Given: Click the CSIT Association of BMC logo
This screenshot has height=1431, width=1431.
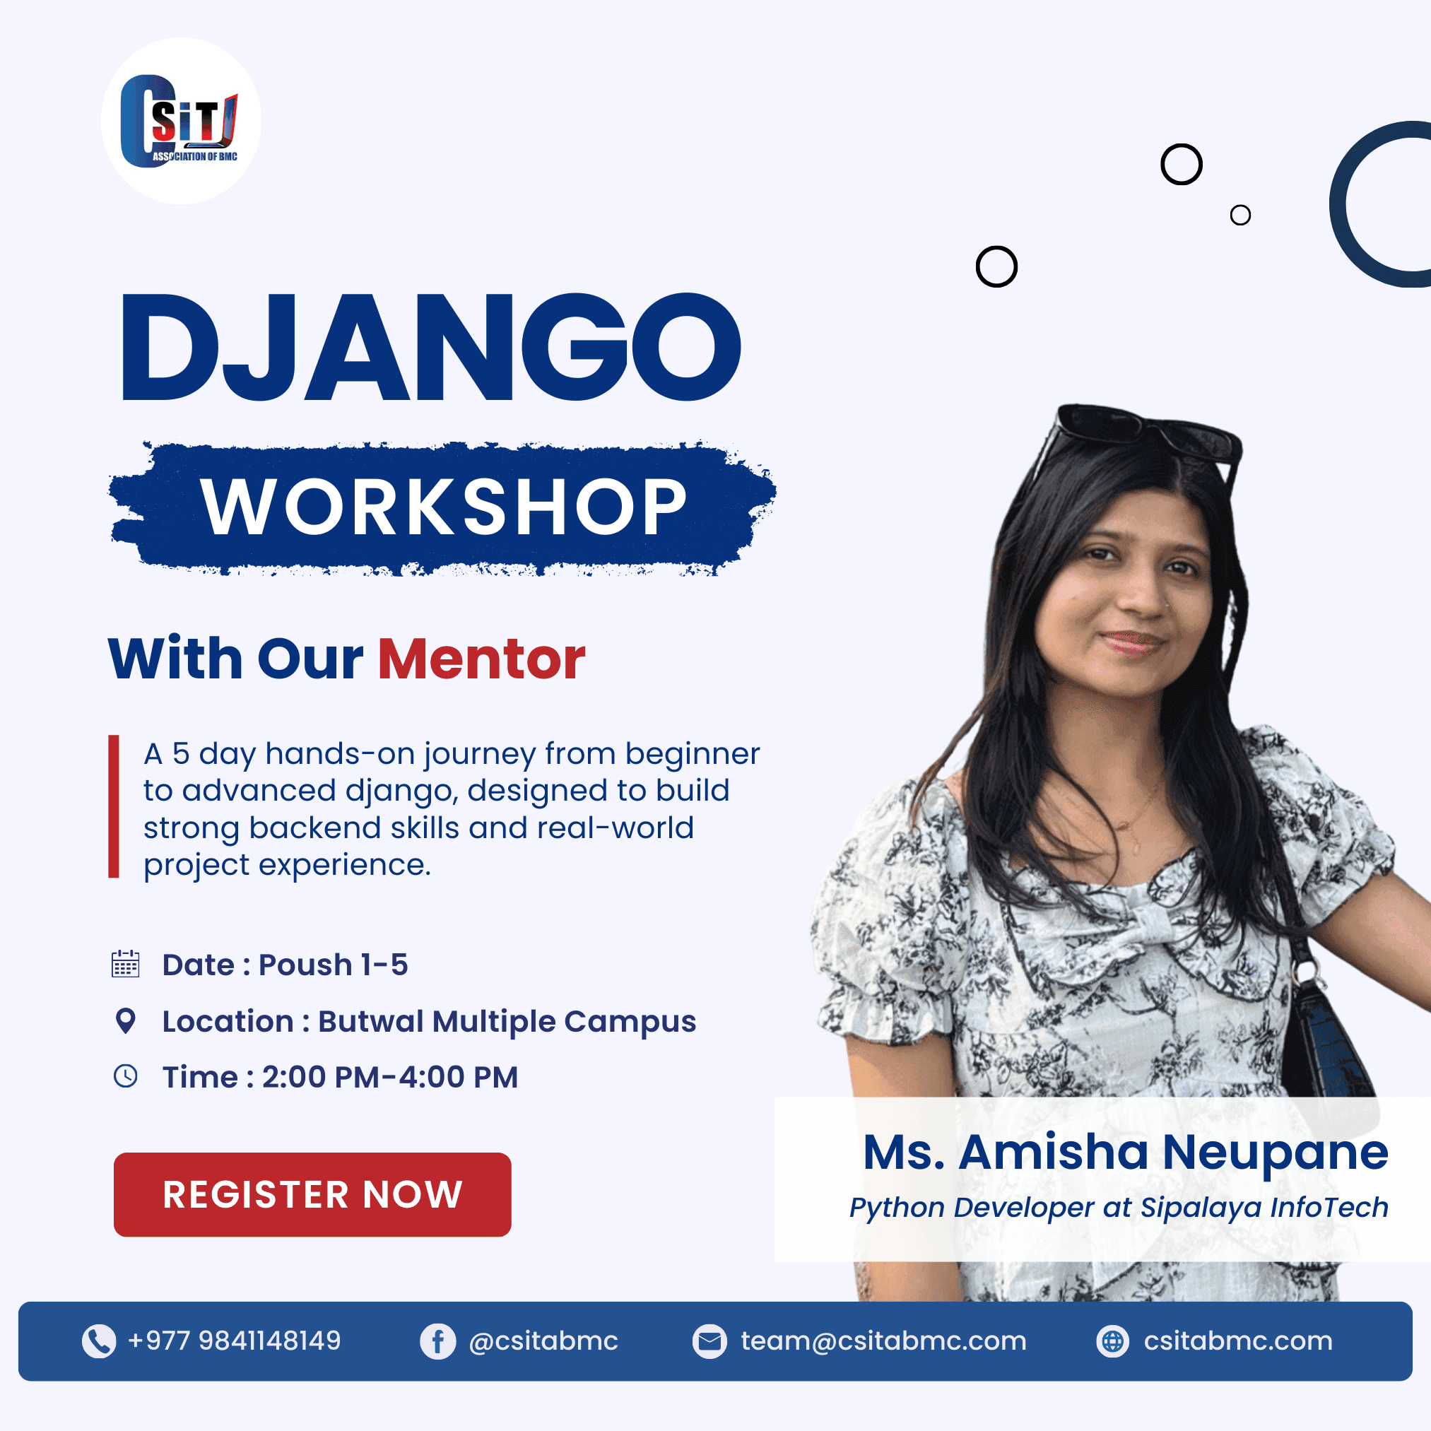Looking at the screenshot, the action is (181, 121).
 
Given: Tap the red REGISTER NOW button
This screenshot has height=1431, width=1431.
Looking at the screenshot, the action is (312, 1194).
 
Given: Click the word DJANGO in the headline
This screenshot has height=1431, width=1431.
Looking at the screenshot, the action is (430, 348).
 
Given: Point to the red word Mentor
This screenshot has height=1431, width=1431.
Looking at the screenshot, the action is (481, 659).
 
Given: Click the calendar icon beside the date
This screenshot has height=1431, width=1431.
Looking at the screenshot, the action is (125, 964).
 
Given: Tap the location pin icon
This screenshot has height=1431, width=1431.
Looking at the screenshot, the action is (126, 1020).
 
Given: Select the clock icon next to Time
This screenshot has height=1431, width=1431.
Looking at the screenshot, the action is (126, 1076).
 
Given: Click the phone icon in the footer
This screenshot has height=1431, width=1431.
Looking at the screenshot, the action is (98, 1341).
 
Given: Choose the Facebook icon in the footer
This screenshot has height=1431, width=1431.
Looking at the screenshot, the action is (437, 1341).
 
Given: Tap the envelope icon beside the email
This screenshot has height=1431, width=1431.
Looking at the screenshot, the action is (709, 1341).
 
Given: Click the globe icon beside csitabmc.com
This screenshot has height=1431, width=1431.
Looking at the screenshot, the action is (1112, 1341).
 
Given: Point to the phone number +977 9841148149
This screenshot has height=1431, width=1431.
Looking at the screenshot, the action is (234, 1341).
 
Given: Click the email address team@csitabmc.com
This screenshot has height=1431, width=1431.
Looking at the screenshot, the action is (883, 1341).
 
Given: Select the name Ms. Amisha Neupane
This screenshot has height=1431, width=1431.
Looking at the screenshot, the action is (1126, 1153).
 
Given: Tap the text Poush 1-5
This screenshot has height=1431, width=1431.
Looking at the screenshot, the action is (334, 965).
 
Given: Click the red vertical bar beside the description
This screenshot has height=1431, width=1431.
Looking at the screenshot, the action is (113, 806).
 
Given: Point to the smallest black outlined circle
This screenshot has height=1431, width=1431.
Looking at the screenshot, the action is (1241, 215).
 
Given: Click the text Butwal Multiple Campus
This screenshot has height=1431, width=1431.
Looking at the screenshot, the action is (507, 1021).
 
